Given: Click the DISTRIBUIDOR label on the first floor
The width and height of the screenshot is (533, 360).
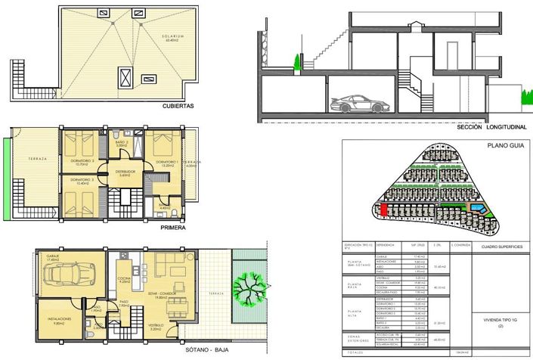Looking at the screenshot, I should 125,172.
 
